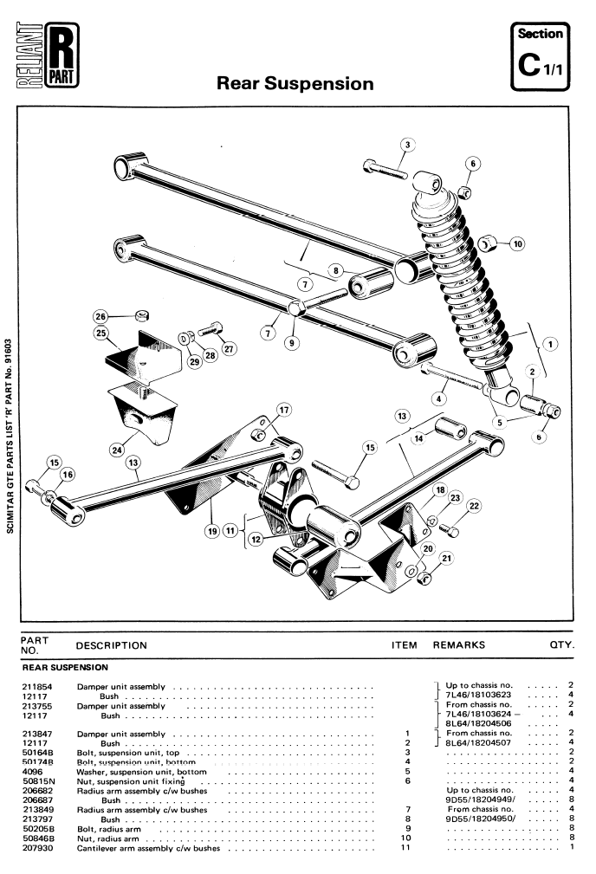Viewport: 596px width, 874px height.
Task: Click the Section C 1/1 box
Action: point(540,56)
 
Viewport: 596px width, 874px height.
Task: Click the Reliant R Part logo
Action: point(48,55)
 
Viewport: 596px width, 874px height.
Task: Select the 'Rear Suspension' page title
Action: point(295,84)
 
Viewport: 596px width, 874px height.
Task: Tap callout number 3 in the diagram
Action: point(407,145)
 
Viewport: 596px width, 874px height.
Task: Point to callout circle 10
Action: point(518,243)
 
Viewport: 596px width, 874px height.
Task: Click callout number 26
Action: point(100,317)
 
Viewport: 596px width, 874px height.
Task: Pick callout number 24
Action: point(117,450)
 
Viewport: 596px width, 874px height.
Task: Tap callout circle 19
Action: point(212,531)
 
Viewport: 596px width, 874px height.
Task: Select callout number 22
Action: point(474,506)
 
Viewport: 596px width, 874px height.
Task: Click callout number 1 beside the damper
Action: point(550,344)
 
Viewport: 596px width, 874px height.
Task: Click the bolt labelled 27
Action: point(211,329)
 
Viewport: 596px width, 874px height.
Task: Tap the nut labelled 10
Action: point(487,243)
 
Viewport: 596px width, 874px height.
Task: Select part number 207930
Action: point(37,848)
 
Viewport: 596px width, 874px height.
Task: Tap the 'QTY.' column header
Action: point(562,645)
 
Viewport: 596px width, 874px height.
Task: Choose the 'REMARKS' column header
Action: point(459,645)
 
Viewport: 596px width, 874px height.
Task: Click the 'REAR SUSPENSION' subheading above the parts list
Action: point(65,667)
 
